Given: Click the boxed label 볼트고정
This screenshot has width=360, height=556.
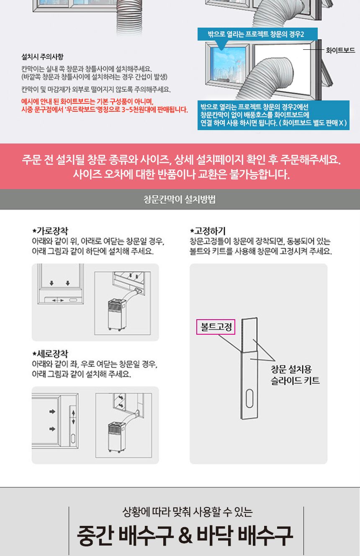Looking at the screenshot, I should (x=216, y=327).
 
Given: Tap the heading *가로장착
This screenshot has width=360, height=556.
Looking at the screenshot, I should (x=51, y=231).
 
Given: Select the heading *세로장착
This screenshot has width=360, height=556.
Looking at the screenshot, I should (x=51, y=354).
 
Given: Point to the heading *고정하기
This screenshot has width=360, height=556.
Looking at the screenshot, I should (x=208, y=231).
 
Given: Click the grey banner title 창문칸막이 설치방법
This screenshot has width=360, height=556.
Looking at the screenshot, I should (x=180, y=200).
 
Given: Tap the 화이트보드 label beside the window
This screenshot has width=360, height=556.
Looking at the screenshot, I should (x=340, y=50).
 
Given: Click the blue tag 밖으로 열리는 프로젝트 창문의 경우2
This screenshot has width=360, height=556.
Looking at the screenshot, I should (x=257, y=34).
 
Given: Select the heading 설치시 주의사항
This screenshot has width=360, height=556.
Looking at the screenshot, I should (x=42, y=56).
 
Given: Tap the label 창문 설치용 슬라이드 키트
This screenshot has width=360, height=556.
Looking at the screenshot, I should (x=295, y=375).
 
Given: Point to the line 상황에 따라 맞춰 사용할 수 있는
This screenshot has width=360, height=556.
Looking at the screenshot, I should (x=187, y=511).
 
